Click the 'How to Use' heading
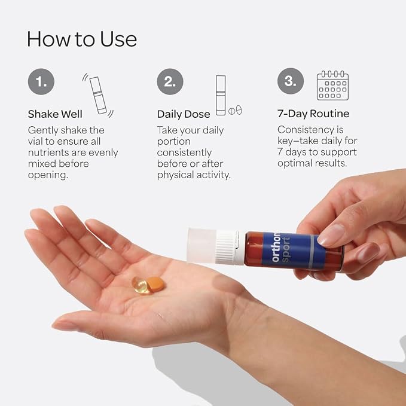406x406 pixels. [x=82, y=39]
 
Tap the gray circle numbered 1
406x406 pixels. [x=41, y=81]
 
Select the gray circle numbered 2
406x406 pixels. [x=170, y=81]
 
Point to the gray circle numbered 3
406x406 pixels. [x=291, y=81]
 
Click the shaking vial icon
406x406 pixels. [x=98, y=95]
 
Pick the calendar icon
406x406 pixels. [x=332, y=86]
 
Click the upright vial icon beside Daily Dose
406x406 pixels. [x=221, y=95]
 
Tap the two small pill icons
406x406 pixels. [x=235, y=111]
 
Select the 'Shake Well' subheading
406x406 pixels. [x=55, y=114]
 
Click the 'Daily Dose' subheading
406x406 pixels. [x=184, y=114]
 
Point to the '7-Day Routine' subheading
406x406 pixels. [x=313, y=114]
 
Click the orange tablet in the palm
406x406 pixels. [x=155, y=284]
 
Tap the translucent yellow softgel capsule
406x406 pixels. [x=140, y=285]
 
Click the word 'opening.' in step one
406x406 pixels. [x=48, y=175]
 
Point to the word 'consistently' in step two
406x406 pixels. [x=184, y=152]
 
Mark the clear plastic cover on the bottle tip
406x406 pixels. [x=202, y=246]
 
